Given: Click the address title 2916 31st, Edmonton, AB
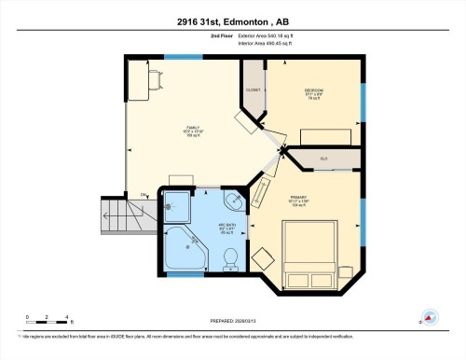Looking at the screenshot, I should (x=233, y=21).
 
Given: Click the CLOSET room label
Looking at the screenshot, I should (x=253, y=90).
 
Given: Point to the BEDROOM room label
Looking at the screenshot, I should (x=313, y=90).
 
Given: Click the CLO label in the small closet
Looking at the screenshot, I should (x=323, y=159).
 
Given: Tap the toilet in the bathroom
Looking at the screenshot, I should (x=232, y=255).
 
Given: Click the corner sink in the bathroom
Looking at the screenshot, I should (x=234, y=200).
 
